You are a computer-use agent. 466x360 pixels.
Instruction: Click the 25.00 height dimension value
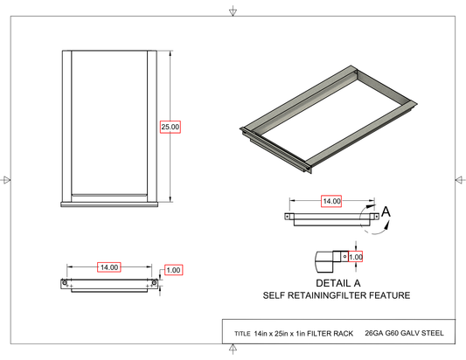[170, 127]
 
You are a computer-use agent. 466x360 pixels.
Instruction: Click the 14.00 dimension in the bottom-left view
[109, 267]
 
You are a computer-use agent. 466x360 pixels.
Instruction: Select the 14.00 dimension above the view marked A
[331, 201]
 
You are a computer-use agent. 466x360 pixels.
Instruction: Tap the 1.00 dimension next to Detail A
[356, 257]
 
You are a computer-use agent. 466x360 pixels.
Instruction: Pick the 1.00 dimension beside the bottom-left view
[173, 270]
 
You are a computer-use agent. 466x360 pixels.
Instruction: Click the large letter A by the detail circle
[386, 211]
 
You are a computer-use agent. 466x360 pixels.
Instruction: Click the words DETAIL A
[338, 283]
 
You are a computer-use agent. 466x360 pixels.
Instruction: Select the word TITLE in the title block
[242, 334]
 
